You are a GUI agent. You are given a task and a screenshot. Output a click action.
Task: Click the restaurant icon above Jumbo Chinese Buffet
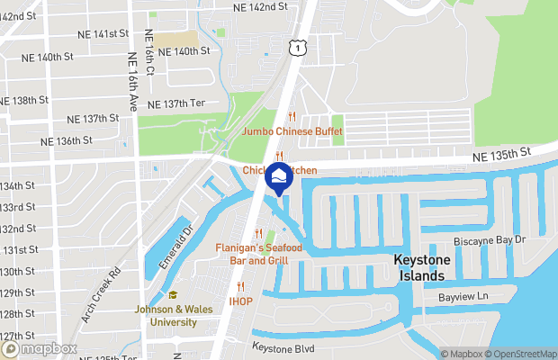(x=292, y=116)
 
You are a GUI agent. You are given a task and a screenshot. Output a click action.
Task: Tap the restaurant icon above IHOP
(x=240, y=286)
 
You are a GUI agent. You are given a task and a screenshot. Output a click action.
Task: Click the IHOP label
(x=240, y=301)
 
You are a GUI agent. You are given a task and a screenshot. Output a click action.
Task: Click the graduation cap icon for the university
(x=173, y=295)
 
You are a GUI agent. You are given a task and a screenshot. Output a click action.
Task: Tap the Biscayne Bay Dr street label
(x=490, y=240)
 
